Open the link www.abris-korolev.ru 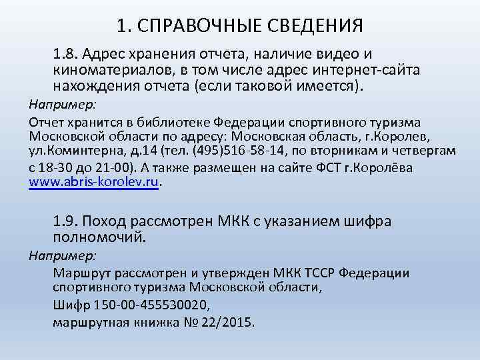94,182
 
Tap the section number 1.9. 67,222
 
